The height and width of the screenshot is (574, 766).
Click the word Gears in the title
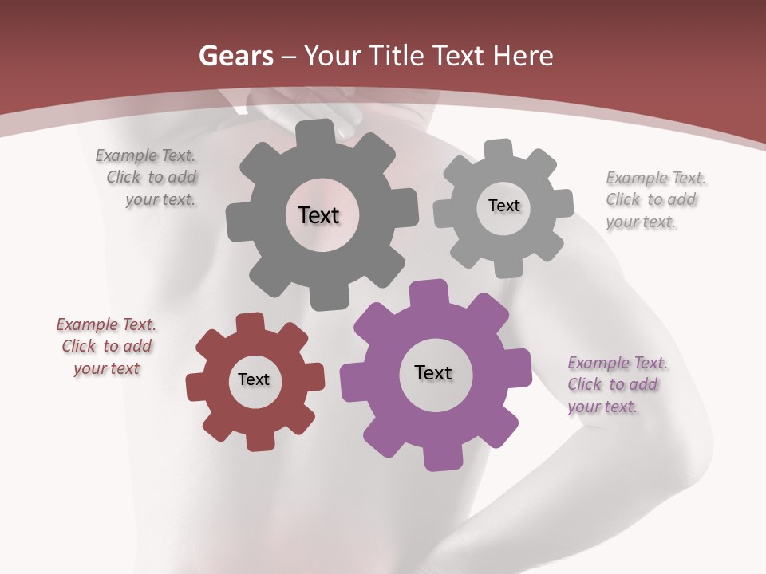(235, 56)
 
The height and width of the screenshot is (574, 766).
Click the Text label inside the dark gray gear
(318, 215)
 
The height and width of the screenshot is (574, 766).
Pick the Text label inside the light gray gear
(503, 206)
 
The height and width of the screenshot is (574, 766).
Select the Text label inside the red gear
(254, 379)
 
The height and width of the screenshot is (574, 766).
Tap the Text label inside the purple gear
(433, 372)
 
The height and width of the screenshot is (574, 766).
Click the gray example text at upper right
(654, 199)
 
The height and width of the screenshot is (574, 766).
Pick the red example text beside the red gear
(106, 346)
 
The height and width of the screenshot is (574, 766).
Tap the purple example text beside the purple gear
(616, 384)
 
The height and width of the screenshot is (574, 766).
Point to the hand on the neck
(335, 108)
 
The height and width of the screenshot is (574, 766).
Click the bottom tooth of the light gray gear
(508, 266)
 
